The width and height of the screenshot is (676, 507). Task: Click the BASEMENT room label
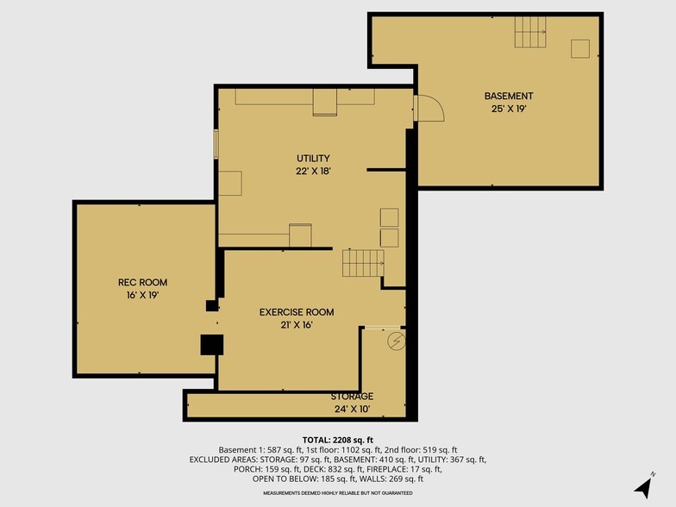pyautogui.click(x=509, y=96)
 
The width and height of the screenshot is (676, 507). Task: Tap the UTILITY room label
pyautogui.click(x=313, y=159)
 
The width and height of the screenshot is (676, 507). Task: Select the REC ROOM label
pyautogui.click(x=143, y=283)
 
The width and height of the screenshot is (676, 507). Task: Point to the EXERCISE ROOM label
pyautogui.click(x=297, y=312)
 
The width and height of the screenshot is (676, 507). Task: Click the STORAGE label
pyautogui.click(x=352, y=397)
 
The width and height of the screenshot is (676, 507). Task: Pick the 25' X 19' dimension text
pyautogui.click(x=509, y=109)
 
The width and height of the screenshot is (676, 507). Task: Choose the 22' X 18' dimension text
pyautogui.click(x=313, y=171)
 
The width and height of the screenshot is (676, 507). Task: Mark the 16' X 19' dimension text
pyautogui.click(x=143, y=295)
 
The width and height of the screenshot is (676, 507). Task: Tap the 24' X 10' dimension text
pyautogui.click(x=352, y=409)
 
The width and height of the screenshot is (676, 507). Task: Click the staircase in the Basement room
pyautogui.click(x=530, y=32)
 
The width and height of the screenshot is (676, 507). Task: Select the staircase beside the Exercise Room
pyautogui.click(x=363, y=263)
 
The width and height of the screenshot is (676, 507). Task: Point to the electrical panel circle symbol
pyautogui.click(x=397, y=341)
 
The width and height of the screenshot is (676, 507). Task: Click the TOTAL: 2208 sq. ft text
pyautogui.click(x=338, y=440)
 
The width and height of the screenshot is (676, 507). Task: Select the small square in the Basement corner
pyautogui.click(x=580, y=48)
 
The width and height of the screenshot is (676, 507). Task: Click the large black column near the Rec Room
pyautogui.click(x=212, y=345)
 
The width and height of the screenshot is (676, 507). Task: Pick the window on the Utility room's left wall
pyautogui.click(x=216, y=144)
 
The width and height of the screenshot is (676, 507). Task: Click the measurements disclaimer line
pyautogui.click(x=338, y=493)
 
